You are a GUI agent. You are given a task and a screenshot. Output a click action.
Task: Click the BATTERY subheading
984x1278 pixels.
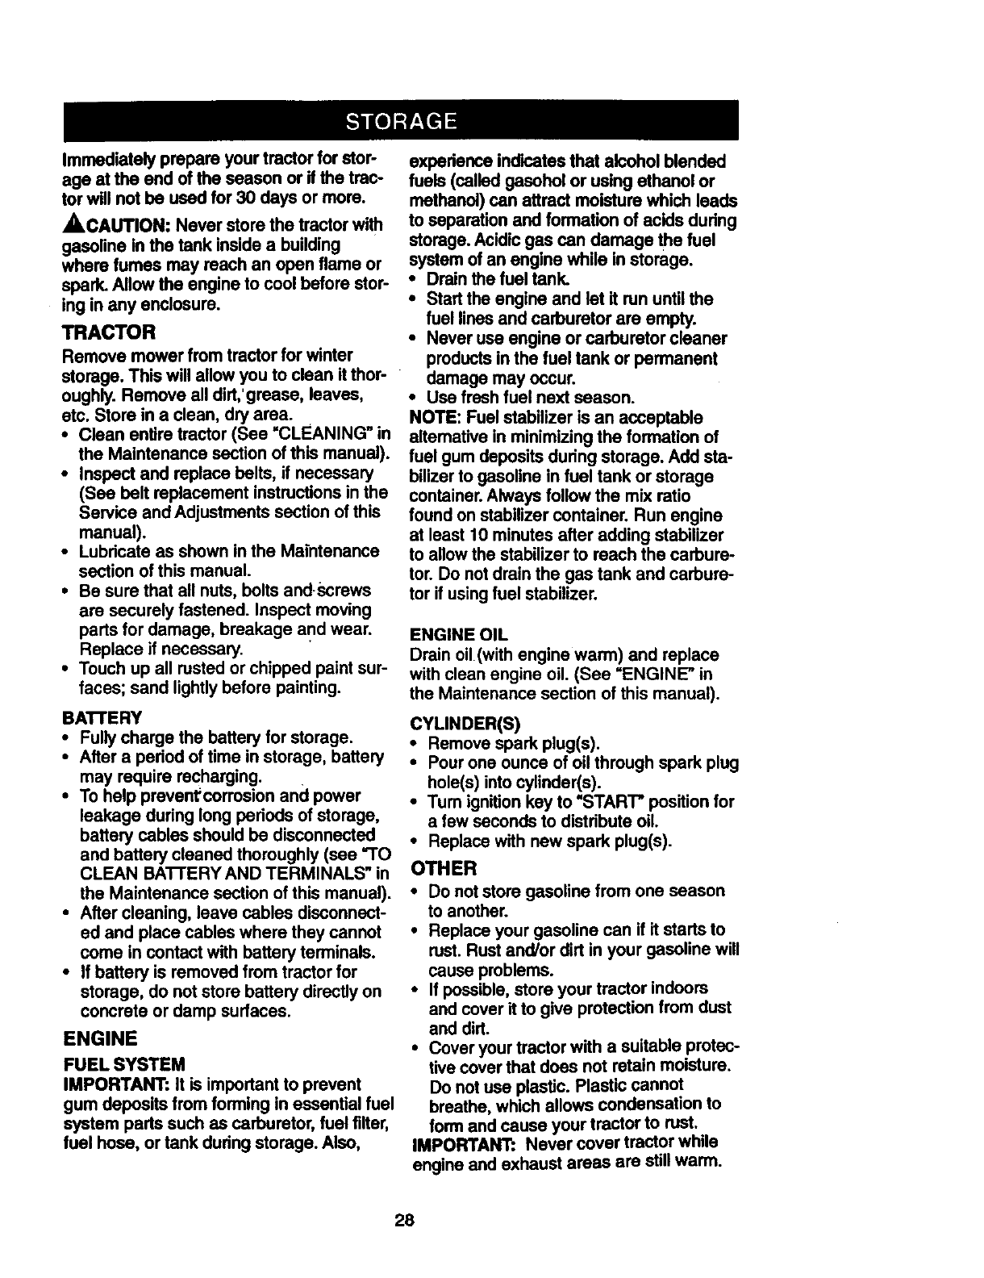pos(102,717)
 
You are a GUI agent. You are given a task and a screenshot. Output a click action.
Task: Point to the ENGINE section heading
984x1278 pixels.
pos(99,1037)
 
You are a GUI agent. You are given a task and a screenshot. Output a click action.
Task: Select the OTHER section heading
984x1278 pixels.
pos(444,868)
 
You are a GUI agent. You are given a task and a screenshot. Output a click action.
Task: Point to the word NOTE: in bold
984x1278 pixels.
pos(435,418)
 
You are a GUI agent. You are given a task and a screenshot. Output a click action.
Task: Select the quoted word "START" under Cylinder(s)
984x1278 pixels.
pos(593,802)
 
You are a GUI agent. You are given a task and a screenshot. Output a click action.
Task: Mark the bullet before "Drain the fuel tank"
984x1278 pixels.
pos(414,280)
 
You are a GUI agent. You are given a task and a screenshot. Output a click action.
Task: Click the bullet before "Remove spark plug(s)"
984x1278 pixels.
pos(414,743)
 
